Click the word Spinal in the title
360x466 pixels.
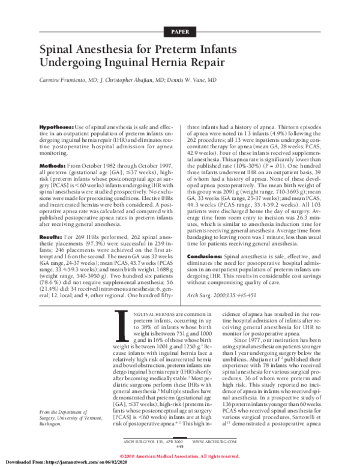click(62, 51)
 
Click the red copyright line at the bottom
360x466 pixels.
click(180, 455)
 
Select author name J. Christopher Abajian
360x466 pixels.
click(128, 86)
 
